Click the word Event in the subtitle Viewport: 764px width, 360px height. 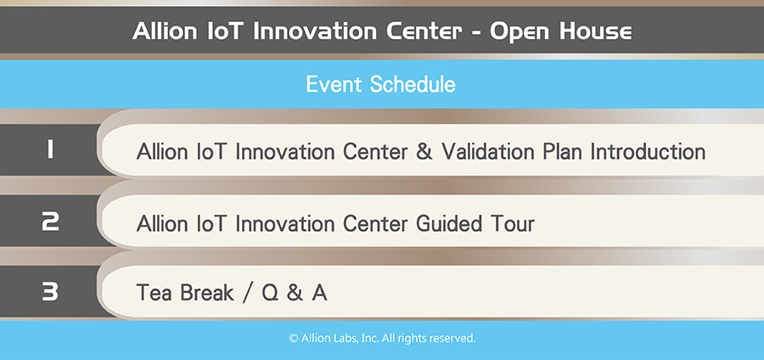(334, 84)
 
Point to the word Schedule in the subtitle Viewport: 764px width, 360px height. (413, 84)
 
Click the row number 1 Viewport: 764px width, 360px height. (50, 149)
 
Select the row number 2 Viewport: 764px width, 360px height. (50, 221)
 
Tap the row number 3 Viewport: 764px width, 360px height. (50, 291)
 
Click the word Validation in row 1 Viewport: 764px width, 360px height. (488, 151)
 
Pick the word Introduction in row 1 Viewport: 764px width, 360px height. (648, 151)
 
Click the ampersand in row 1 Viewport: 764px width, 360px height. (424, 151)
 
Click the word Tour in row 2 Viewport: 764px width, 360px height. (508, 224)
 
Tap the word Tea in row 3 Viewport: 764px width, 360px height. (154, 293)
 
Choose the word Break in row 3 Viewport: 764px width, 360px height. (207, 293)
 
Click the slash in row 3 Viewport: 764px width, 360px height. (248, 294)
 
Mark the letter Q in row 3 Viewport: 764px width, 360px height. (270, 293)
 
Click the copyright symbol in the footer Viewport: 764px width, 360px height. (294, 338)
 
